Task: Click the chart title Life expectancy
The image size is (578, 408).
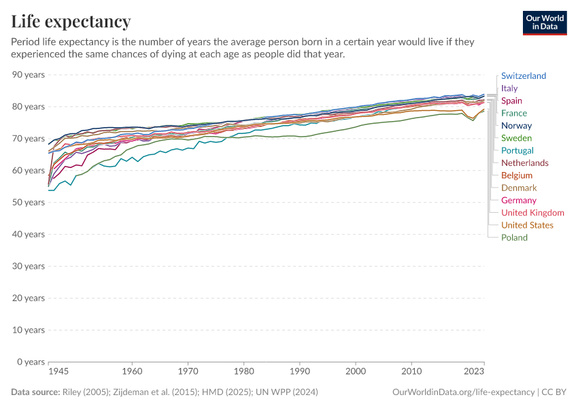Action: click(x=71, y=21)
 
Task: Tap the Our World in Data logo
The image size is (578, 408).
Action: click(x=545, y=22)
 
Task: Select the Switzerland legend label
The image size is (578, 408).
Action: click(x=523, y=76)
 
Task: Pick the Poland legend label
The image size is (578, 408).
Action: click(x=514, y=238)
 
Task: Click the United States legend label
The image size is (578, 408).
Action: click(x=527, y=225)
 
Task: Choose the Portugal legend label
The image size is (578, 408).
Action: click(x=517, y=151)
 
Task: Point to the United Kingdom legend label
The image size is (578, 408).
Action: click(x=532, y=213)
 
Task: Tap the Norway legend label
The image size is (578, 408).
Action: click(x=516, y=126)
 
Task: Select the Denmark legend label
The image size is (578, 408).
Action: click(x=519, y=188)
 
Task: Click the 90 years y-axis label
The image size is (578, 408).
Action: click(x=29, y=75)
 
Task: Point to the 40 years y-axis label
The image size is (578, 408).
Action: click(x=29, y=235)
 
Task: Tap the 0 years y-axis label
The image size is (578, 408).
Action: click(x=31, y=362)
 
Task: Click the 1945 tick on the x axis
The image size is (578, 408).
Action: click(x=58, y=372)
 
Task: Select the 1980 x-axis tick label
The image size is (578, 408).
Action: click(x=243, y=372)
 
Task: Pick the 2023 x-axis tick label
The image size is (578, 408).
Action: click(x=474, y=372)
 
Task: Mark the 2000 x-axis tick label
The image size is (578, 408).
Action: click(x=355, y=372)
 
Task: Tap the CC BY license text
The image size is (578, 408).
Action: click(x=554, y=392)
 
